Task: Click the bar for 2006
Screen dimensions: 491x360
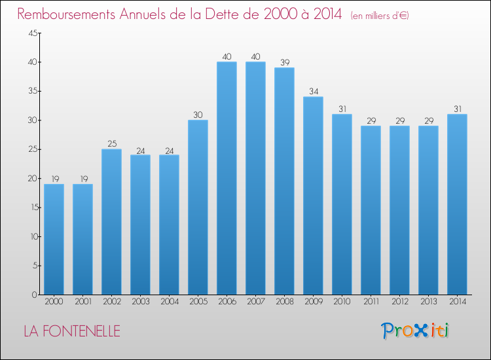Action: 227,178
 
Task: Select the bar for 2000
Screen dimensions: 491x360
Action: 54,239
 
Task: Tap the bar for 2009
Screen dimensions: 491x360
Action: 313,196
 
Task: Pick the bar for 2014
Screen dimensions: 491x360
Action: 457,204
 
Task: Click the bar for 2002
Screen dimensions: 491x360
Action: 111,222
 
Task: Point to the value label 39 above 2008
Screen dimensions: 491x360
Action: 285,63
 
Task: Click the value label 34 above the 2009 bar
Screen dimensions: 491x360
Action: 314,92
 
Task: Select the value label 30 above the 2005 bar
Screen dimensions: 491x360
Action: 198,115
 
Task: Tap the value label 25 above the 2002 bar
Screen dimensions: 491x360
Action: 112,144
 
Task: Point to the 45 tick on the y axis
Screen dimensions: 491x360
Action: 33,33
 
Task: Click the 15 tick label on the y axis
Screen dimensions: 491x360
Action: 35,207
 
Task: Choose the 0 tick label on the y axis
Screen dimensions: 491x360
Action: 35,295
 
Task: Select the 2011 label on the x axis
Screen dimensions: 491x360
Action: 371,302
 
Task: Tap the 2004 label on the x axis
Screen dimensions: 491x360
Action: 170,302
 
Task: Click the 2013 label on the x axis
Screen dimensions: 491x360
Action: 429,302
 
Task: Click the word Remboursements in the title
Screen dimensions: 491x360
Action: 66,14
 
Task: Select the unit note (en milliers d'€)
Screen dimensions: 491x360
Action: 380,15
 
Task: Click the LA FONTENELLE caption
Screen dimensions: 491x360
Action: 72,331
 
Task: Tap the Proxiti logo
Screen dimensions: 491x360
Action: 415,331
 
